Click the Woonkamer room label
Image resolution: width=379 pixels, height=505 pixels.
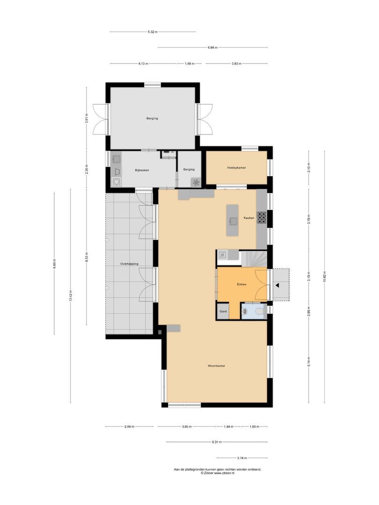click(x=217, y=366)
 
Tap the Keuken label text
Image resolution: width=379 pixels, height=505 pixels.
click(x=249, y=218)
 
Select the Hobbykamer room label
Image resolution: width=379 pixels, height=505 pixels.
click(x=237, y=167)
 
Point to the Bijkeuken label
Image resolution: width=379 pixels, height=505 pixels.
click(x=142, y=170)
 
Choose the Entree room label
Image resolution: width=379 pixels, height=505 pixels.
click(x=241, y=284)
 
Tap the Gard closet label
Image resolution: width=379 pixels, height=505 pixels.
click(x=223, y=311)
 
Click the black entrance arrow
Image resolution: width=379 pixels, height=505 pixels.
click(x=277, y=284)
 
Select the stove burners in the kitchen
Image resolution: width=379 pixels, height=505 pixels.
click(x=262, y=217)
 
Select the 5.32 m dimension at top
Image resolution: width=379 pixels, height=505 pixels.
click(x=153, y=32)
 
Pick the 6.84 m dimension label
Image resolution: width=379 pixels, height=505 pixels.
click(x=212, y=48)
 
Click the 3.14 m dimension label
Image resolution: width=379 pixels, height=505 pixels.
click(x=241, y=458)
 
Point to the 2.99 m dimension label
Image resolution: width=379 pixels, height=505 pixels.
click(x=130, y=426)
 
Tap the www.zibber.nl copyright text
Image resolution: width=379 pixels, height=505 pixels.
click(x=218, y=473)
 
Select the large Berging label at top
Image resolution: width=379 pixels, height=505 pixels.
click(x=152, y=119)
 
